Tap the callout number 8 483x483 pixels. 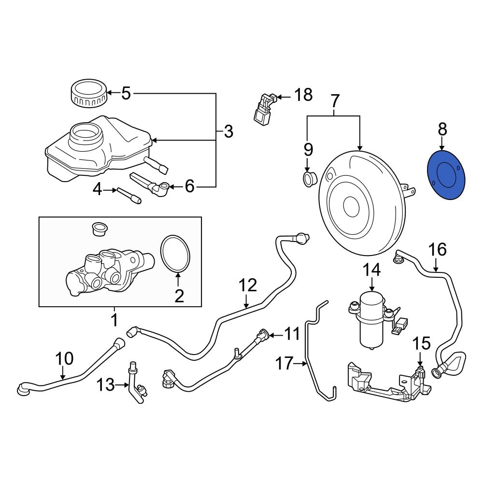coord(442,129)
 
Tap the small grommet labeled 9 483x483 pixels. coord(308,178)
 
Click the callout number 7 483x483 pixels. coord(335,101)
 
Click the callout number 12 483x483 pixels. coord(247,286)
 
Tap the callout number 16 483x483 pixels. coord(437,249)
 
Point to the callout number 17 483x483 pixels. coord(285,363)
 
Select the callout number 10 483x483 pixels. coord(64,359)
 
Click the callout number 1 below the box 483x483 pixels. coord(114,319)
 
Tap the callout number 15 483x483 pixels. coord(421,343)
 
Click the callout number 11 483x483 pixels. coord(292,333)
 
